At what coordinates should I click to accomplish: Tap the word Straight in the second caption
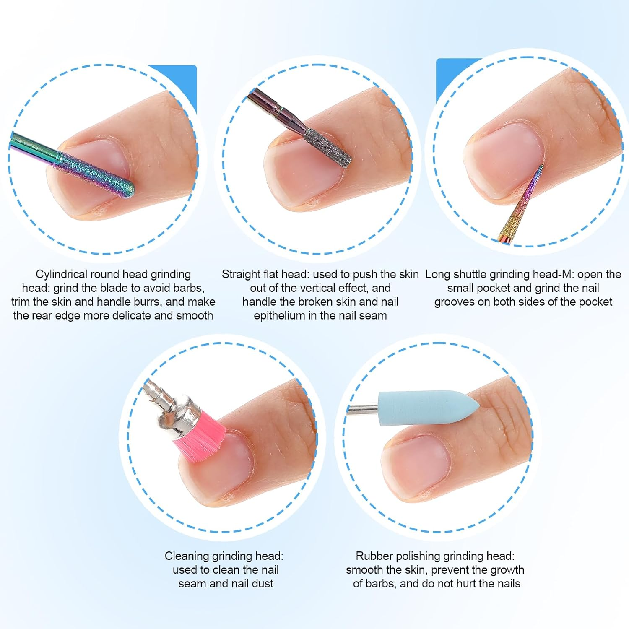tap(241, 274)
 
